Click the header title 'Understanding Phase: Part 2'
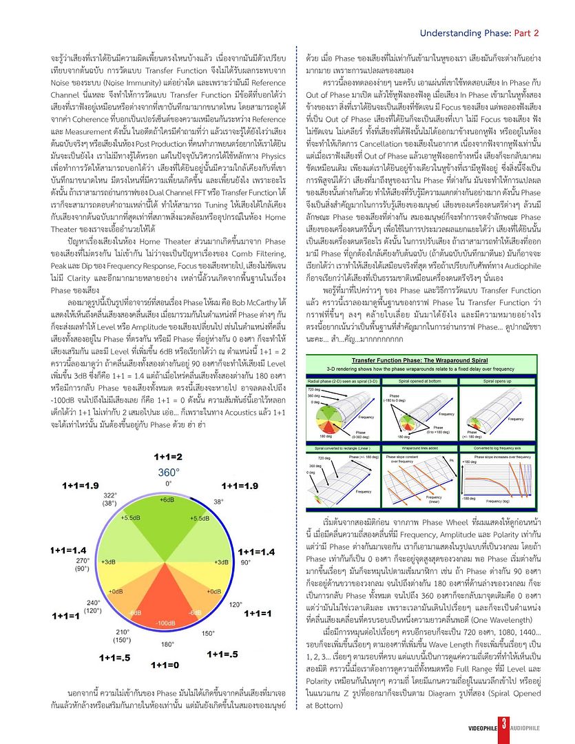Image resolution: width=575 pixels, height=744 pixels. click(479, 32)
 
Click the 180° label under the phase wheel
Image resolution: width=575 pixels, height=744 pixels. click(167, 645)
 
